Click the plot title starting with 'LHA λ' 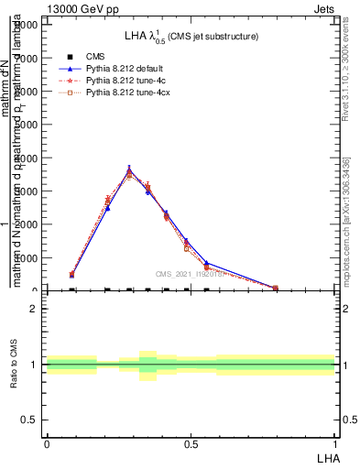click(x=191, y=36)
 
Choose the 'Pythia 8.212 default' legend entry click(x=124, y=69)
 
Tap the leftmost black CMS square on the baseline click(x=71, y=289)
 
